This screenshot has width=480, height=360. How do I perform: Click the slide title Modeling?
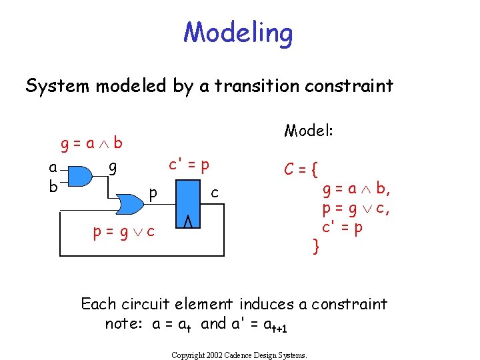point(238,32)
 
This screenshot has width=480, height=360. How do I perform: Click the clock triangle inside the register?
point(187,221)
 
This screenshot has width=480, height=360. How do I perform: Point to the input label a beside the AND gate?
point(53,168)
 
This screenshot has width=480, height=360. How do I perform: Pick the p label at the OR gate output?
point(153,193)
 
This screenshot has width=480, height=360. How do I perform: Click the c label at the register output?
point(214,193)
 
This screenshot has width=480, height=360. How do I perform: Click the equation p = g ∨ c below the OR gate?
point(124,231)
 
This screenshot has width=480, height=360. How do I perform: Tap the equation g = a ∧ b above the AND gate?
point(91,143)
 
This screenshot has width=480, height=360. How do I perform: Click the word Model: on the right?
point(309,130)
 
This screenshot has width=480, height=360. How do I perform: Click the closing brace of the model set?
point(317,247)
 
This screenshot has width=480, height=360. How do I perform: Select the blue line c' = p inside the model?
point(343,227)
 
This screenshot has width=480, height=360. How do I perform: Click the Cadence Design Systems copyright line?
point(239,355)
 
